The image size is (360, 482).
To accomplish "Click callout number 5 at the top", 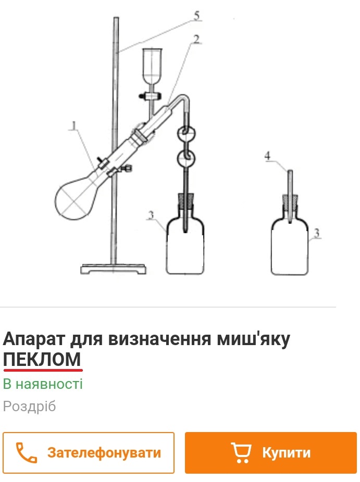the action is point(197,16).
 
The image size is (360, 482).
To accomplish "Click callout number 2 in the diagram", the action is point(196,39).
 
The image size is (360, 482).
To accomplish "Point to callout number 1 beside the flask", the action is point(73,125).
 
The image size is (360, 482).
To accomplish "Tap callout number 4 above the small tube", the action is point(267,156).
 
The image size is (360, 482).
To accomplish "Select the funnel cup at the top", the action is point(152,66).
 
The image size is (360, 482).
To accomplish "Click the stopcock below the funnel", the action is point(150,96).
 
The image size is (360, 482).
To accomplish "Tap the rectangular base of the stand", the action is point(113,269).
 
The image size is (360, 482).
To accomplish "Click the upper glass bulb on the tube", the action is point(187,133).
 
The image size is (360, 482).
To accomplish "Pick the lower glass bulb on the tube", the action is point(186,158).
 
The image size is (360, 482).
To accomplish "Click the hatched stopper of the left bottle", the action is point(185,201).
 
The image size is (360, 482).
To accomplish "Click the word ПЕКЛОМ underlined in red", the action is point(42,359).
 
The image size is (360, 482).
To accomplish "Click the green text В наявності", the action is point(43,384).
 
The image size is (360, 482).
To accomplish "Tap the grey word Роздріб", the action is point(30,407).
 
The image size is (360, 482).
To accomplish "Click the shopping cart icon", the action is point(241,452).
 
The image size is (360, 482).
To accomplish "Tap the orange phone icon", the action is point(27,452).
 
